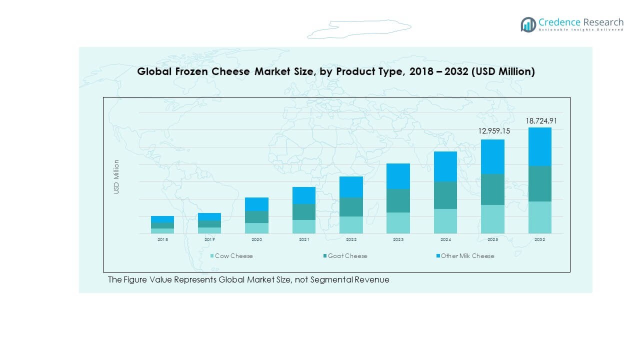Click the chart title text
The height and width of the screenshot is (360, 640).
(x=336, y=71)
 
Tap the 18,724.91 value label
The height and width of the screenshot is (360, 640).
(x=540, y=121)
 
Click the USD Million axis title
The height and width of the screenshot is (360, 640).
(x=116, y=176)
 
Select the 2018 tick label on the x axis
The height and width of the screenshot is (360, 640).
(x=162, y=240)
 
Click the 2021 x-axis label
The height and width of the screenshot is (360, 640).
(x=304, y=240)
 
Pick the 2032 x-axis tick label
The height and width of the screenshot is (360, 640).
(x=540, y=240)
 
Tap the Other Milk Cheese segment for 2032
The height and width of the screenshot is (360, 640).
(x=540, y=146)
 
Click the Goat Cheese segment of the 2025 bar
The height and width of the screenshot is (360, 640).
(x=492, y=189)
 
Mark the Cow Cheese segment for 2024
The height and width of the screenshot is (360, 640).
(x=445, y=221)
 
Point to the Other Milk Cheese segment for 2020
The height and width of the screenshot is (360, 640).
(x=256, y=204)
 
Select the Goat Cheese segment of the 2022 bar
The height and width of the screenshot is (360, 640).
(x=351, y=207)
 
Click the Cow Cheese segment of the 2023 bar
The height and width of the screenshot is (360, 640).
(x=398, y=223)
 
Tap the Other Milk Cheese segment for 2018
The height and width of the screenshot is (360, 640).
(x=162, y=219)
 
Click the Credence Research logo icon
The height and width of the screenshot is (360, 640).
(x=528, y=24)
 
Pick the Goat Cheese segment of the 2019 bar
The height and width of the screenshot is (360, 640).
(x=209, y=224)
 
